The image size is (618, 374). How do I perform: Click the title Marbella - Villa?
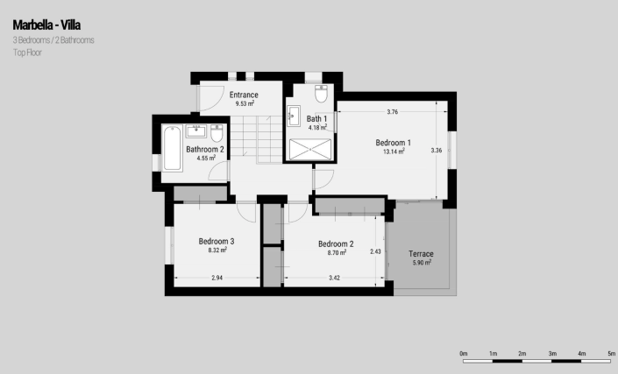pos(46,25)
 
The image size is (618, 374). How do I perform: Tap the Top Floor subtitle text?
pos(27,53)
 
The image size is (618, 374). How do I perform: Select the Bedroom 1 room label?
pos(394,143)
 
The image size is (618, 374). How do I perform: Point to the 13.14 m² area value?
pos(394,152)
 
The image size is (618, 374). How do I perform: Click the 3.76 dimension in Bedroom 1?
pos(393,112)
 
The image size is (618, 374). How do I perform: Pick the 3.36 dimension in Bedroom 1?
pos(437,151)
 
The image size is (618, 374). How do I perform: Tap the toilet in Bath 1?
pos(321,94)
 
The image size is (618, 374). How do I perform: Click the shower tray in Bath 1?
pos(310,150)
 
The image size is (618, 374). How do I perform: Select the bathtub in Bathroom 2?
pos(172,148)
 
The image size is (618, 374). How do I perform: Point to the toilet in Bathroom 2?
pos(217,133)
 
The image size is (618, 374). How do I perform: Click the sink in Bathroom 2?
pos(195,131)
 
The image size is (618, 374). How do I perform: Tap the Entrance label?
pos(244,95)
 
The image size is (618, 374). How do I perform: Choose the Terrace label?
pos(421,254)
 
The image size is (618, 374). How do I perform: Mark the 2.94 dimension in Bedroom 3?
pos(217,278)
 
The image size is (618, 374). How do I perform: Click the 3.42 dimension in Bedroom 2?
pos(334,278)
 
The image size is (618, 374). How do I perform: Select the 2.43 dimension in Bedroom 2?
pos(375,251)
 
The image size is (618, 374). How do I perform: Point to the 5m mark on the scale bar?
pos(611,354)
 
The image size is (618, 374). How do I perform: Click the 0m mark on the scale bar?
pos(464,354)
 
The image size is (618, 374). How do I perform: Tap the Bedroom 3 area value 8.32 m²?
pos(217,250)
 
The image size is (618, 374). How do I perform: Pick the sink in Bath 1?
pos(294,116)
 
